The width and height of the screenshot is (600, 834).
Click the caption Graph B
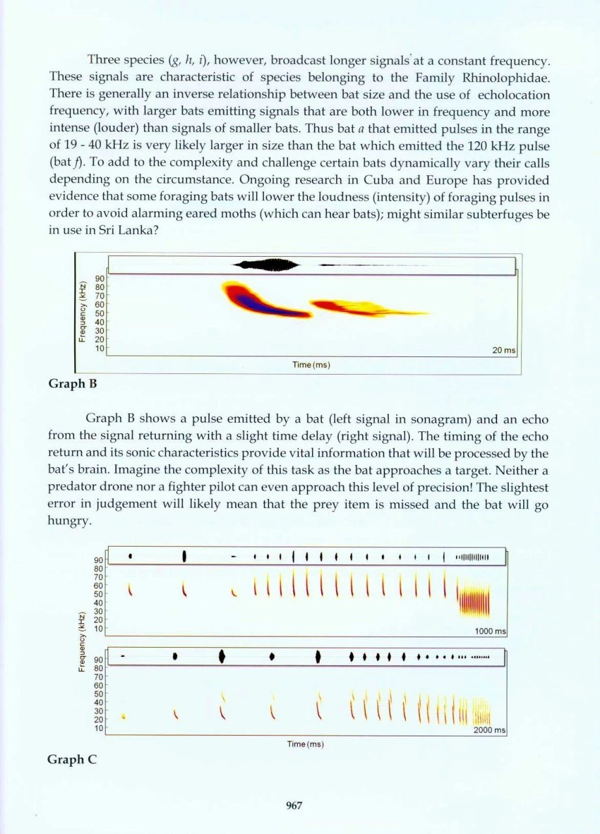tap(73, 383)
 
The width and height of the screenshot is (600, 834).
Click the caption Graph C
tap(72, 759)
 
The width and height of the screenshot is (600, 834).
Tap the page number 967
tap(294, 805)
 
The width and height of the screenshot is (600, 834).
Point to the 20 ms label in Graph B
tap(504, 351)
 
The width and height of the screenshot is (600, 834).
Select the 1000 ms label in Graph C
tap(491, 631)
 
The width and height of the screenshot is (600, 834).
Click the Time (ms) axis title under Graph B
tap(311, 364)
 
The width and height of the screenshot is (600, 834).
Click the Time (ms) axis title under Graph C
tap(306, 743)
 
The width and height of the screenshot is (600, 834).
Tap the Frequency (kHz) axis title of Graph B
tap(83, 312)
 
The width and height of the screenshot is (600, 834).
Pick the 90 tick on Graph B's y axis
tap(101, 278)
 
